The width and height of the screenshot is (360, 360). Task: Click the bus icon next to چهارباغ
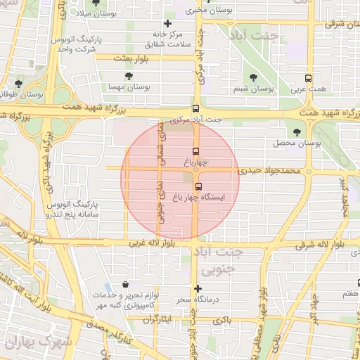pyautogui.click(x=195, y=151)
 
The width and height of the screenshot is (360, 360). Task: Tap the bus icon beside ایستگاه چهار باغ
pyautogui.click(x=199, y=186)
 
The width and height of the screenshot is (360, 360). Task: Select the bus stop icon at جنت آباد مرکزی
pyautogui.click(x=195, y=108)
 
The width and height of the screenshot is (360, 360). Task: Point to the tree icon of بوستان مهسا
pyautogui.click(x=128, y=76)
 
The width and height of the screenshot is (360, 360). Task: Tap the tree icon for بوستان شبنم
pyautogui.click(x=253, y=78)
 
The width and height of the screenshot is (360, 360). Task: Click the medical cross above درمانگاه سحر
pyautogui.click(x=198, y=288)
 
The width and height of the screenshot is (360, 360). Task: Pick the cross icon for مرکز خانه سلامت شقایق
pyautogui.click(x=167, y=24)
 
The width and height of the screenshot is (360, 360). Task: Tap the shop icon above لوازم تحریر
pyautogui.click(x=125, y=285)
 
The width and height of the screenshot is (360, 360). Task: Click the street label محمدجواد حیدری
pyautogui.click(x=270, y=170)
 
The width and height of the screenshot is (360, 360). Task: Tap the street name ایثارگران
pyautogui.click(x=157, y=319)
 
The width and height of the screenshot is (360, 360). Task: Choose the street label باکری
pyautogui.click(x=223, y=320)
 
